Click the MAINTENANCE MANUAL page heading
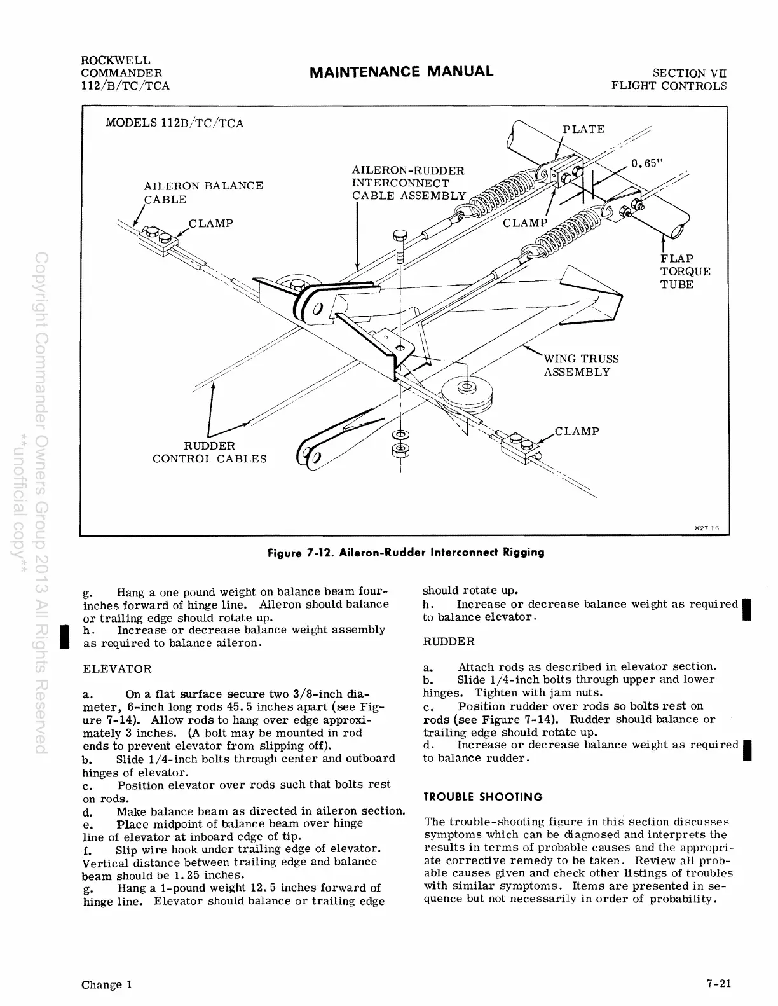401,71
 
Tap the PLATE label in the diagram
583,129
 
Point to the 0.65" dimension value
647,163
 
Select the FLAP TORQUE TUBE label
685,272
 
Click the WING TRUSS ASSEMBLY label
580,366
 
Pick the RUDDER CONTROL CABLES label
209,452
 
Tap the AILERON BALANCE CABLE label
203,192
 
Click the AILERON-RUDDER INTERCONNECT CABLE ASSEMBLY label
409,183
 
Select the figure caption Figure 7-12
406,552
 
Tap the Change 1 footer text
107,985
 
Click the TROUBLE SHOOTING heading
483,797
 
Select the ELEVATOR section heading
118,669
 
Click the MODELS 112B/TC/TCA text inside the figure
174,123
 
